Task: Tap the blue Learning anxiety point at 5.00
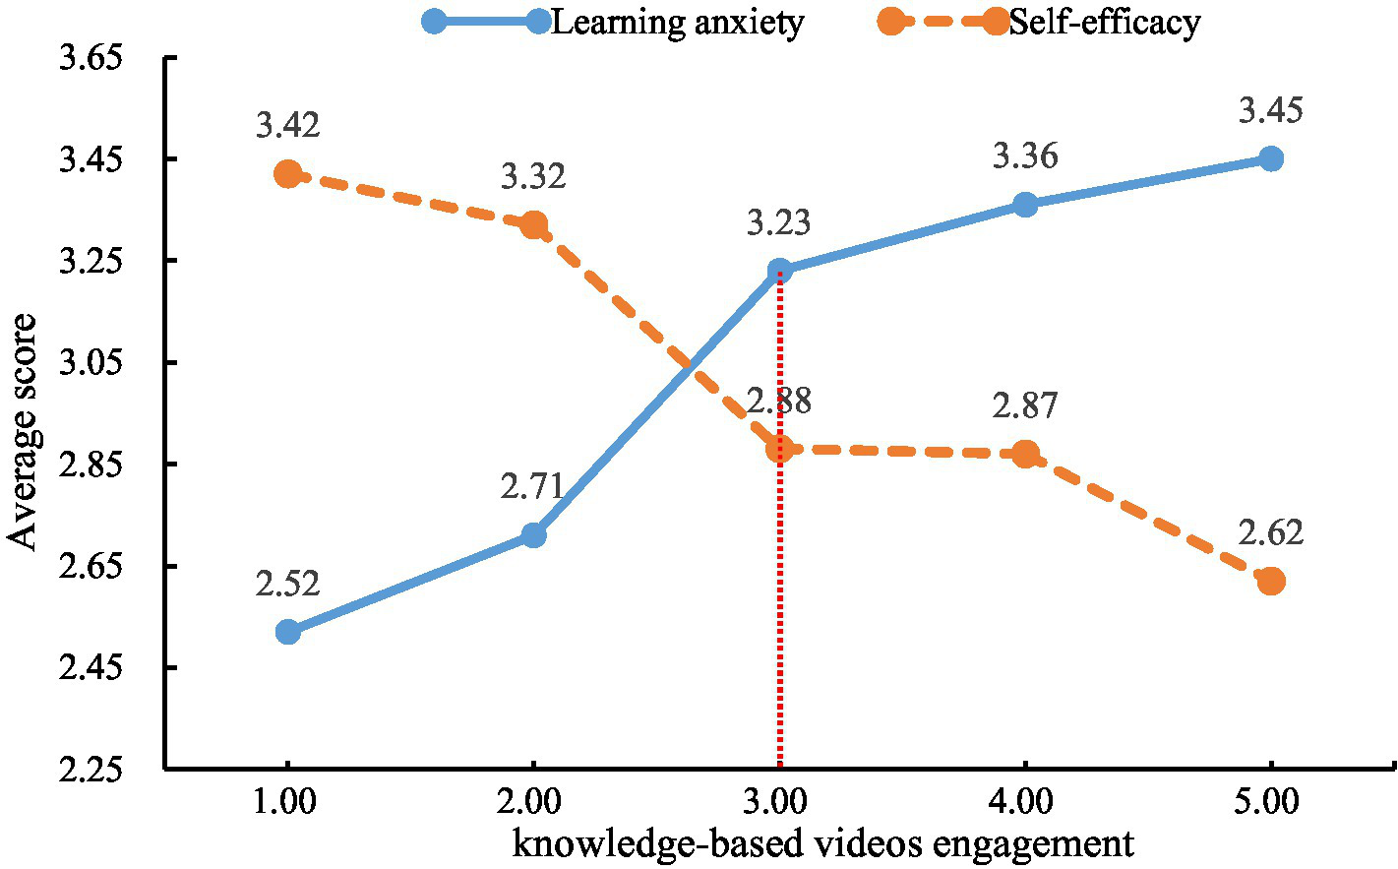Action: [x=1271, y=158]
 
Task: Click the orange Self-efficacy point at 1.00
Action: [x=287, y=174]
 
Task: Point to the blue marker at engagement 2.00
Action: [x=533, y=535]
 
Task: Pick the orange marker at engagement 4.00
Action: [x=1025, y=454]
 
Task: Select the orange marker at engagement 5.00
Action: [x=1271, y=581]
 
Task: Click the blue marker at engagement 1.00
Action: [x=287, y=632]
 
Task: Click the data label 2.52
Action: [x=287, y=584]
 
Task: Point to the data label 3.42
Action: [x=287, y=126]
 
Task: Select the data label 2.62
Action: [x=1271, y=532]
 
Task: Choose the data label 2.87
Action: [x=1025, y=405]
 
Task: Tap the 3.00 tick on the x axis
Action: [x=779, y=802]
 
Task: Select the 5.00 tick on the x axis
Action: [x=1271, y=802]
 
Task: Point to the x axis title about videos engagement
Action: [x=822, y=843]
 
